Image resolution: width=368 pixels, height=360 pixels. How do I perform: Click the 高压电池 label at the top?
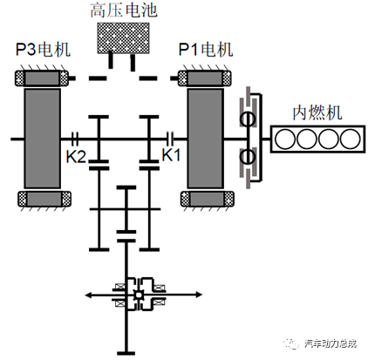pyautogui.click(x=124, y=10)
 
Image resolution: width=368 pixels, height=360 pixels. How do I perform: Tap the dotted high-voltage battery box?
pyautogui.click(x=123, y=38)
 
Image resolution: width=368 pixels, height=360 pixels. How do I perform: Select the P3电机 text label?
pyautogui.click(x=43, y=49)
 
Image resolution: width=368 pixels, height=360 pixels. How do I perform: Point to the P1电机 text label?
pyautogui.click(x=206, y=49)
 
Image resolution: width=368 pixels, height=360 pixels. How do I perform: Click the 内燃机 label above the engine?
pyautogui.click(x=317, y=112)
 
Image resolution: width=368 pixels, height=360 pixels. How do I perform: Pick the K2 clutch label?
pyautogui.click(x=76, y=157)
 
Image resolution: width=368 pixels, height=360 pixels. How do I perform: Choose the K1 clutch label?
pyautogui.click(x=171, y=154)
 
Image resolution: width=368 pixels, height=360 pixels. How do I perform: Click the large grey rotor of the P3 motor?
pyautogui.click(x=43, y=139)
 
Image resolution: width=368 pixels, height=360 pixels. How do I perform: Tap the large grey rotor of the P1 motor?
pyautogui.click(x=206, y=139)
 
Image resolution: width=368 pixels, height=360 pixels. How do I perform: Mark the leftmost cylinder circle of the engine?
pyautogui.click(x=285, y=139)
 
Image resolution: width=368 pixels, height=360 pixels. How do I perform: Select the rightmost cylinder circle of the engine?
pyautogui.click(x=351, y=139)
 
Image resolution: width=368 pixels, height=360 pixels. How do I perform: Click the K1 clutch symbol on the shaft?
pyautogui.click(x=170, y=139)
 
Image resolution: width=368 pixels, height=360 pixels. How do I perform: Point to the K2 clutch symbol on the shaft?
pyautogui.click(x=75, y=139)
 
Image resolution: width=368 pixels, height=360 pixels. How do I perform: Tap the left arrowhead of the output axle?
pyautogui.click(x=88, y=295)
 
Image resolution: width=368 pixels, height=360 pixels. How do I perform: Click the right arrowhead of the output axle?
pyautogui.click(x=199, y=295)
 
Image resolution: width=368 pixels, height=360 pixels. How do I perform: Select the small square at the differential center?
pyautogui.click(x=139, y=295)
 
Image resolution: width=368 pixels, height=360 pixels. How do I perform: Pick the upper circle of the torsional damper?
pyautogui.click(x=248, y=119)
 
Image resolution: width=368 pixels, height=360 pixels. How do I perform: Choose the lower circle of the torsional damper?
pyautogui.click(x=248, y=157)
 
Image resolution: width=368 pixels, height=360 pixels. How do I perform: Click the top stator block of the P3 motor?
pyautogui.click(x=42, y=78)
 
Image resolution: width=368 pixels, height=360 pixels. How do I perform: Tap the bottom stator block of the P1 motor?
pyautogui.click(x=208, y=199)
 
